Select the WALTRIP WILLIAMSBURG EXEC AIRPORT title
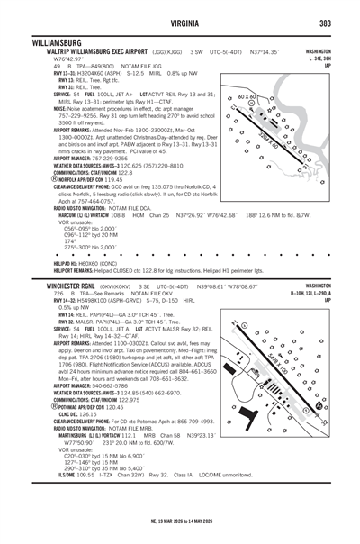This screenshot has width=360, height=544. click(94, 51)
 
